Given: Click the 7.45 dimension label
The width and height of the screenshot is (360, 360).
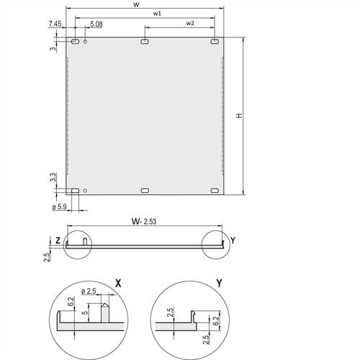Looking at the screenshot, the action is [55, 24].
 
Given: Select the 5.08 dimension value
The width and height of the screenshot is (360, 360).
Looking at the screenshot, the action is [96, 24].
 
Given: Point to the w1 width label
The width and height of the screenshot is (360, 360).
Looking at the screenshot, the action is [157, 14].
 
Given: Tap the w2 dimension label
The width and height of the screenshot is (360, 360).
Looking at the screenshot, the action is [190, 23].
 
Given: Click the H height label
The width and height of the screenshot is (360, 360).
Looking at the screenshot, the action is [239, 116].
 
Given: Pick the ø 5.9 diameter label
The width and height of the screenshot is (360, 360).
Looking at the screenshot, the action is [59, 207].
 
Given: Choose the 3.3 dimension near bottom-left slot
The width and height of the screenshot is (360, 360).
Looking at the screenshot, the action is [53, 177].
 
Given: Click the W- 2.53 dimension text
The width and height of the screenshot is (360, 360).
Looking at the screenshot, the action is [144, 221].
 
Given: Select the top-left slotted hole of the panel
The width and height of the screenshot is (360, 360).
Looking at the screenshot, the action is [75, 42].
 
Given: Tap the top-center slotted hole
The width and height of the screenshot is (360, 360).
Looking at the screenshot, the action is [145, 42].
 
